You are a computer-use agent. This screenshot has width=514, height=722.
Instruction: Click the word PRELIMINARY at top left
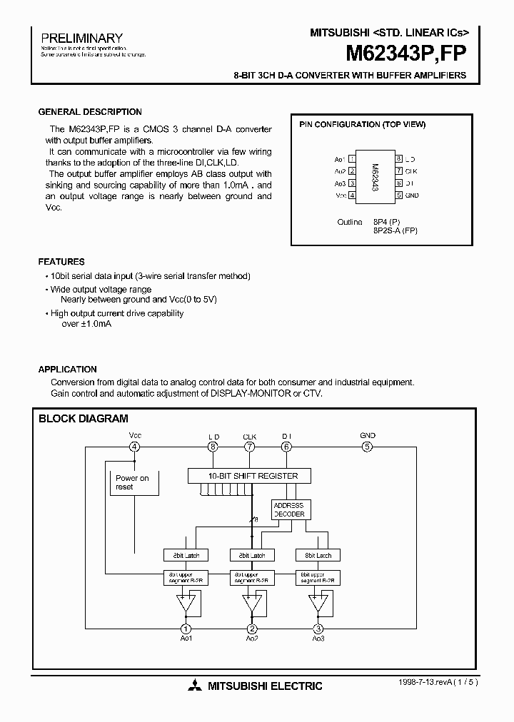click(x=81, y=38)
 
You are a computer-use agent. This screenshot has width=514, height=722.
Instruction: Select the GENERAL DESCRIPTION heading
click(x=90, y=112)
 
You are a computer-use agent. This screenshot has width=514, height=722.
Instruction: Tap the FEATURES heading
click(x=61, y=262)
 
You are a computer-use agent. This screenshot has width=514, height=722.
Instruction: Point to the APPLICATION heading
click(x=67, y=370)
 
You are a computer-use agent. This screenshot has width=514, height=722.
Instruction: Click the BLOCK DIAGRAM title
click(x=84, y=419)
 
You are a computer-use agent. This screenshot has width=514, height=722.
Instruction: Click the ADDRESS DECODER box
click(x=289, y=509)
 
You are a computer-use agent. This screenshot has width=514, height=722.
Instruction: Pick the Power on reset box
click(x=133, y=482)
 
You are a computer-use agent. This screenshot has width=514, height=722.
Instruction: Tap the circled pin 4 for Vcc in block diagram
click(x=134, y=447)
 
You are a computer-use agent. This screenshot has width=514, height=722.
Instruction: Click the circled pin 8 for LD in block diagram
click(x=213, y=447)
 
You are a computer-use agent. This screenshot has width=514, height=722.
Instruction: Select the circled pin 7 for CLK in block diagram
click(x=249, y=447)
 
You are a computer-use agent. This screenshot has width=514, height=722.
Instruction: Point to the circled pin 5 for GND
click(x=368, y=447)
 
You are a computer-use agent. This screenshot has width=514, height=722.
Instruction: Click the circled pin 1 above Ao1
click(x=186, y=629)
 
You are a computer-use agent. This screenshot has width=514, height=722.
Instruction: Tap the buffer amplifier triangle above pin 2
click(x=251, y=603)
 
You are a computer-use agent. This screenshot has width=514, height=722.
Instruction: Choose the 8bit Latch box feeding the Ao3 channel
click(x=318, y=555)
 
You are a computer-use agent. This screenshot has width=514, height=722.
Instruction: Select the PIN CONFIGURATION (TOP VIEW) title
click(x=362, y=124)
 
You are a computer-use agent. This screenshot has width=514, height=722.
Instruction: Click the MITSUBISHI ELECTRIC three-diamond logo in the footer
click(x=195, y=686)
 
